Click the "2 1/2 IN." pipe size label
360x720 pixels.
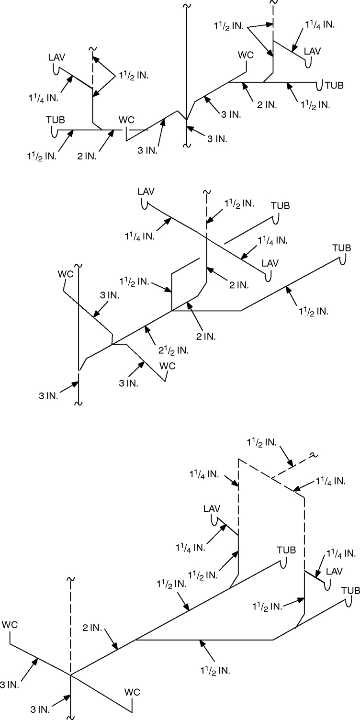pos(173,349)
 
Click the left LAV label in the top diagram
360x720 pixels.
pos(56,57)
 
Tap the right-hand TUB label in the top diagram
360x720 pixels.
pos(334,86)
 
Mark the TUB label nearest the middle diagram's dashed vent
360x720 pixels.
pos(281,206)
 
